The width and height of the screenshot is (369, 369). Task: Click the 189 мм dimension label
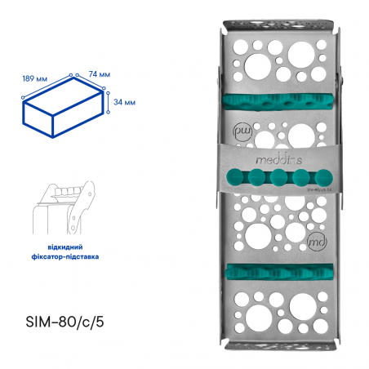coord(35,80)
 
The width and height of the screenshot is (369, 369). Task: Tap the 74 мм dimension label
coord(98,74)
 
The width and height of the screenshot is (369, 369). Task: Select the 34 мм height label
coord(125,102)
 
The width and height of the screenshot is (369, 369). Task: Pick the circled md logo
coord(317,241)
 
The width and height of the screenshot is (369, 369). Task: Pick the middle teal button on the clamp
coord(278,177)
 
